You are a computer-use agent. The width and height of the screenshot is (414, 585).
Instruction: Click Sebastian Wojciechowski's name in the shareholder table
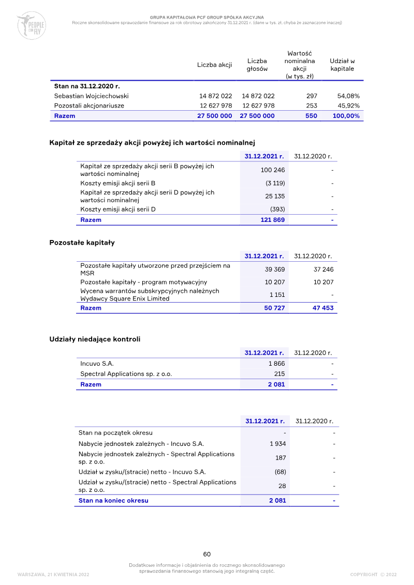[x=92, y=96]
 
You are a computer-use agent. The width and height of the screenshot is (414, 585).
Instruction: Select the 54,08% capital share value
[x=348, y=96]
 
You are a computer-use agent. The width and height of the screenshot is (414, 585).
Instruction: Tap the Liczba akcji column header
[x=214, y=65]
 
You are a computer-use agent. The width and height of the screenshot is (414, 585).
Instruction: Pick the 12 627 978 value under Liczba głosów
[x=258, y=106]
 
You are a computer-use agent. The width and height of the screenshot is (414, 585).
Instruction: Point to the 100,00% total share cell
[x=346, y=116]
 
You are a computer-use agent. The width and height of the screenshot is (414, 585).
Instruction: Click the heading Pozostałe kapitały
[x=82, y=242]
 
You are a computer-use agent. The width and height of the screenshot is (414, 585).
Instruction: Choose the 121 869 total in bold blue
[x=272, y=220]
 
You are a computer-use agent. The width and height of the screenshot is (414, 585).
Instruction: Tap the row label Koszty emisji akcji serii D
[x=118, y=209]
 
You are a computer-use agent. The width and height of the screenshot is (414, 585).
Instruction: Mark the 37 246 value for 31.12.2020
[x=323, y=269]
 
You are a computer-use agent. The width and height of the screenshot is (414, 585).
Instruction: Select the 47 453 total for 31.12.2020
[x=323, y=308]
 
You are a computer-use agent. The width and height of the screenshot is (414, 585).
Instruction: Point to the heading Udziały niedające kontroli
[x=95, y=339]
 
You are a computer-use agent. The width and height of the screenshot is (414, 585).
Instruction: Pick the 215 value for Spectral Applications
[x=279, y=374]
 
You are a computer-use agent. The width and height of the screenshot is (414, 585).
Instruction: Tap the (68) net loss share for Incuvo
[x=280, y=472]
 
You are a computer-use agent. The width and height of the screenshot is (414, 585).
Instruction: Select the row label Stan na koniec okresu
[x=113, y=501]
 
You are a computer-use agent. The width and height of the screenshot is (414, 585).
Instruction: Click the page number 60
[x=207, y=554]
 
